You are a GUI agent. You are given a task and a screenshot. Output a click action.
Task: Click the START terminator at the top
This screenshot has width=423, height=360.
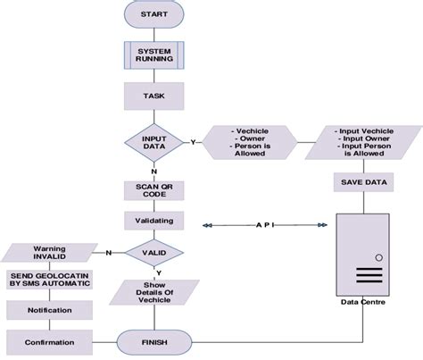tap(153, 15)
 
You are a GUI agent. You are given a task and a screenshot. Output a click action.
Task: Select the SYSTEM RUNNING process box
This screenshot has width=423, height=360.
tap(153, 56)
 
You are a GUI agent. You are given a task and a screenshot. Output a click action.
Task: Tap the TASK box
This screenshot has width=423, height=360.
tap(153, 96)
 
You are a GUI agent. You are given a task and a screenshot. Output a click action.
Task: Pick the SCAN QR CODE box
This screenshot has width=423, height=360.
tap(153, 190)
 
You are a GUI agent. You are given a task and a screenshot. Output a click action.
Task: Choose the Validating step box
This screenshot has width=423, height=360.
tap(153, 220)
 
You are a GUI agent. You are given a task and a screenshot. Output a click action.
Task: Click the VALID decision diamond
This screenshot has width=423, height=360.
tap(153, 253)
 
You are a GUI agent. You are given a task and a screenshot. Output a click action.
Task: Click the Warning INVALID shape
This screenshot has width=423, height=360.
tap(50, 253)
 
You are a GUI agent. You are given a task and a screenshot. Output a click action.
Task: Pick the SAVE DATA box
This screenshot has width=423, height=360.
tap(362, 182)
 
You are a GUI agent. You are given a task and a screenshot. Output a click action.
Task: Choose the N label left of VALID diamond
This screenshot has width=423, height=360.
tap(109, 253)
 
